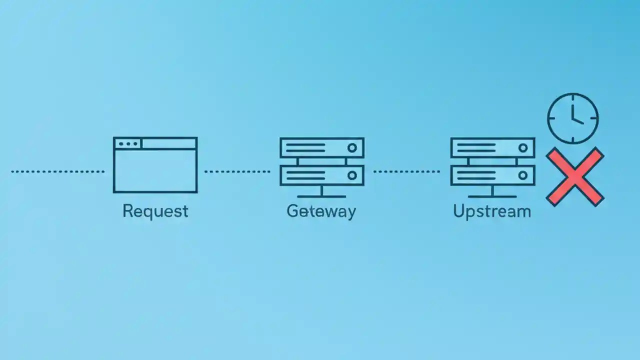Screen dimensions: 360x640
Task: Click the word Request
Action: (x=155, y=210)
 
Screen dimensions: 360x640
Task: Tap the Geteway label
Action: (x=321, y=210)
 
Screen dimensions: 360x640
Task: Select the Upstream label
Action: (x=491, y=210)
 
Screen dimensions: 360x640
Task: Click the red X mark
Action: (x=574, y=176)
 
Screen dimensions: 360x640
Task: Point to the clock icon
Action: (x=572, y=118)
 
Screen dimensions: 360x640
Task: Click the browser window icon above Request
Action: (x=155, y=165)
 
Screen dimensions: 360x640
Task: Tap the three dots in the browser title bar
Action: (x=128, y=144)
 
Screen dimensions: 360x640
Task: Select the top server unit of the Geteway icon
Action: (x=321, y=148)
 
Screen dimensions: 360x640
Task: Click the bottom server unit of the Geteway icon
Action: (x=321, y=175)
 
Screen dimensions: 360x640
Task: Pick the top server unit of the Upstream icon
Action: (x=492, y=148)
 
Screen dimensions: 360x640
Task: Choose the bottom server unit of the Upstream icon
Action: (x=492, y=175)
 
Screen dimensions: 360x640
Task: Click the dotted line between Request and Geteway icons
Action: (x=237, y=171)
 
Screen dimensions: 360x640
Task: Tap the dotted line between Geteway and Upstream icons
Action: (x=406, y=171)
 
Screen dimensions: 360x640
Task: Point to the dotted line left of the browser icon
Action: (x=57, y=171)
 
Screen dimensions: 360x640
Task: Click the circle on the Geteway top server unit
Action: (x=352, y=148)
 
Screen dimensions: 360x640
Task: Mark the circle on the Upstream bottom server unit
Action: (x=523, y=175)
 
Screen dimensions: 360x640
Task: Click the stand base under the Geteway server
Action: (x=321, y=196)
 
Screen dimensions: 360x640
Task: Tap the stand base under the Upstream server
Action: (x=492, y=196)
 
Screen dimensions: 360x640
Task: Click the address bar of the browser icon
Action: (x=169, y=144)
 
